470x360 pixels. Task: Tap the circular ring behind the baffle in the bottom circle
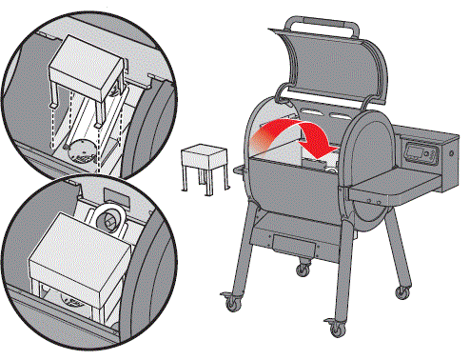pyautogui.click(x=109, y=218)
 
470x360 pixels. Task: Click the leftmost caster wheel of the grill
pyautogui.click(x=229, y=305)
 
